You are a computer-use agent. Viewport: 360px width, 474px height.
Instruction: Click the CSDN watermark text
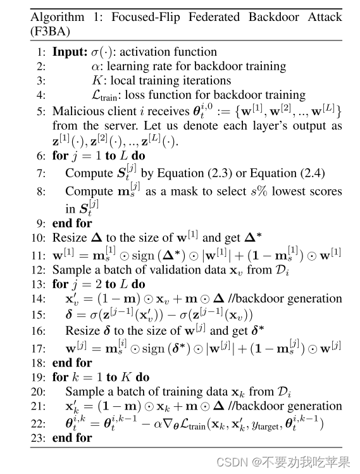[231, 462]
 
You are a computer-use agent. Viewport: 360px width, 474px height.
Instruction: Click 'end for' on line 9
[72, 223]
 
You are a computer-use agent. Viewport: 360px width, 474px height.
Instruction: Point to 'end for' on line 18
[72, 363]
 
